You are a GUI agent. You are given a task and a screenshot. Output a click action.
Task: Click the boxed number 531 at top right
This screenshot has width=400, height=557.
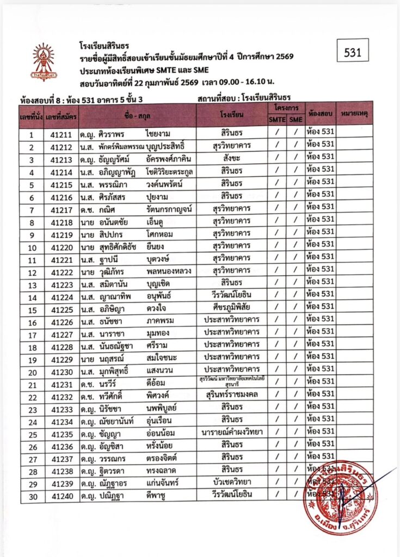pyautogui.click(x=353, y=52)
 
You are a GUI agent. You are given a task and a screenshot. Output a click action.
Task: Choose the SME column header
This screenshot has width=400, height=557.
pyautogui.click(x=296, y=120)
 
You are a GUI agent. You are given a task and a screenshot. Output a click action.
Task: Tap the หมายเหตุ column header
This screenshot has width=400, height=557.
pyautogui.click(x=354, y=114)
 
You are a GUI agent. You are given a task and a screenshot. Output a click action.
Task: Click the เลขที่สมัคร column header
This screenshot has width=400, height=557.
pyautogui.click(x=60, y=115)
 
